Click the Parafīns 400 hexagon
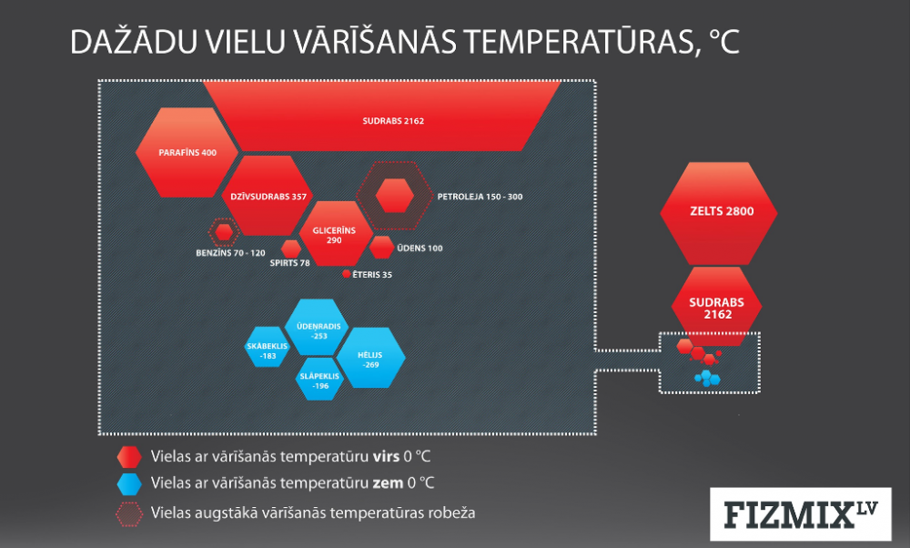click(x=187, y=152)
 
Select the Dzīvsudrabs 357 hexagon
click(x=267, y=196)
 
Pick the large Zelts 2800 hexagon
click(x=719, y=213)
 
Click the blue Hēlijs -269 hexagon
click(x=371, y=358)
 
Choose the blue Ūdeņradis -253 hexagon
click(x=317, y=327)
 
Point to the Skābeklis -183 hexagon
click(x=267, y=347)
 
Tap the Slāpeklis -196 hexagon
click(x=319, y=379)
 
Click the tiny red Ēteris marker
click(x=347, y=273)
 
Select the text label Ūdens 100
click(x=420, y=248)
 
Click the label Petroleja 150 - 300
click(x=480, y=197)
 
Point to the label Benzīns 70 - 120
click(x=230, y=253)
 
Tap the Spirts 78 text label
click(x=289, y=263)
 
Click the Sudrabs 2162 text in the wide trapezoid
click(x=393, y=121)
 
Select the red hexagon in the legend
click(x=129, y=457)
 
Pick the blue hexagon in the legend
click(x=129, y=483)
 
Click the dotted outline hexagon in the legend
click(x=129, y=514)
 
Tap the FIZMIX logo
click(x=800, y=514)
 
